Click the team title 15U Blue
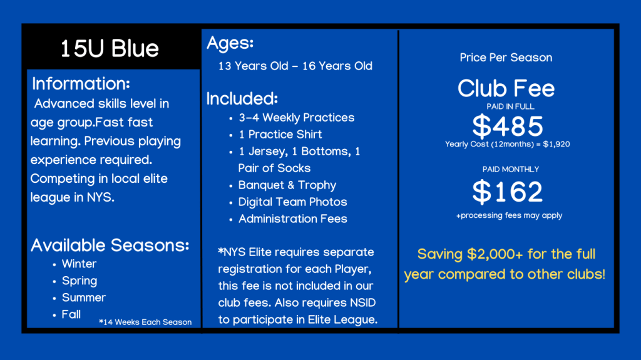(110, 49)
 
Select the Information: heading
(81, 83)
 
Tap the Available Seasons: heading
(110, 245)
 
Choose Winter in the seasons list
(79, 264)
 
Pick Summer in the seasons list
(84, 297)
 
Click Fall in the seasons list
(71, 314)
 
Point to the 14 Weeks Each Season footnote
(145, 322)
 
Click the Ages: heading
(230, 43)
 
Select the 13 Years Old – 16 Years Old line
(295, 66)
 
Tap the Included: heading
(242, 98)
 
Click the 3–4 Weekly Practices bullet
(296, 118)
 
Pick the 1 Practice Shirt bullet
(280, 134)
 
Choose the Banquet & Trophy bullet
(287, 185)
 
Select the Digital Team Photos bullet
(292, 202)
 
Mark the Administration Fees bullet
(293, 219)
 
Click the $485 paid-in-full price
(508, 126)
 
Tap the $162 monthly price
(508, 192)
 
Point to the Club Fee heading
(506, 88)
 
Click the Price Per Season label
(506, 57)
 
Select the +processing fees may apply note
(510, 215)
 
